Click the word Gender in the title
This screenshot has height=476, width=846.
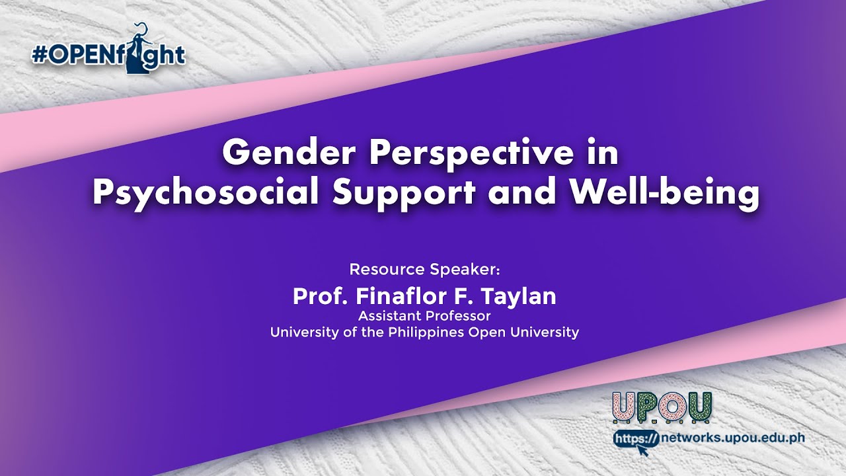pos(289,152)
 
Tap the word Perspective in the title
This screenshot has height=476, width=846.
pos(471,155)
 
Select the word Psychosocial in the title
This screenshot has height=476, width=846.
pos(206,194)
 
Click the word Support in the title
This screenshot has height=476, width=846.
pos(404,194)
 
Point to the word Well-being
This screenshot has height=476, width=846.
pos(664,194)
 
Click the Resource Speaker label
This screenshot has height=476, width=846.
pos(424,269)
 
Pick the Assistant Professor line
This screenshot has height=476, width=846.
pos(424,316)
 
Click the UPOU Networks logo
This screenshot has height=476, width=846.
pos(662,408)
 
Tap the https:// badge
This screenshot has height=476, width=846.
pos(636,438)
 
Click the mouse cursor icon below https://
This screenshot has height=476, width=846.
pos(642,450)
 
